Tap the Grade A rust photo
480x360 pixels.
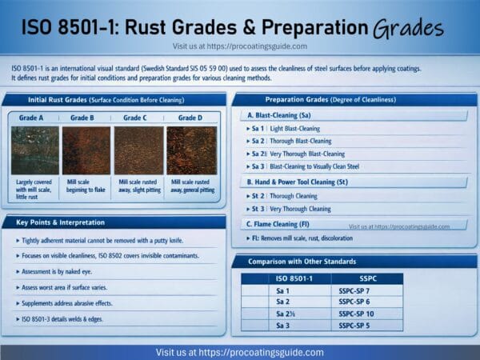34,150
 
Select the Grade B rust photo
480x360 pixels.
86,150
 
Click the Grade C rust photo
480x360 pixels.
138,150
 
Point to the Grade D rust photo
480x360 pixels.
191,150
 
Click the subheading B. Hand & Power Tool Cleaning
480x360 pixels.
300,182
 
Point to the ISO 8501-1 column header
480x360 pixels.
293,279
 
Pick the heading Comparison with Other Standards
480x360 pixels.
305,262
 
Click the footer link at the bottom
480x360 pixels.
240,352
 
